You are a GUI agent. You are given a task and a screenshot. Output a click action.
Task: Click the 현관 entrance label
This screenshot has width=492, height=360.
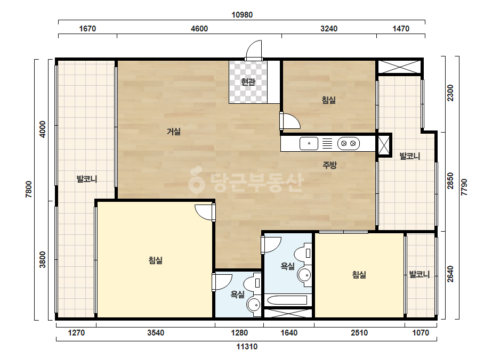pos(248,82)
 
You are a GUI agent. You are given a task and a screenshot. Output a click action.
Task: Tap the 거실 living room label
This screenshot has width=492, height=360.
pos(174,132)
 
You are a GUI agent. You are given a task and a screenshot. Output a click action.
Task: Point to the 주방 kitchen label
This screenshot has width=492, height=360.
pos(330,165)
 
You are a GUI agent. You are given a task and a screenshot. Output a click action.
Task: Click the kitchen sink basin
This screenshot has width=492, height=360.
pos(309,144)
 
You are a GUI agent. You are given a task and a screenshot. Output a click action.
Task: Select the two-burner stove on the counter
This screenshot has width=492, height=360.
pos(348,144)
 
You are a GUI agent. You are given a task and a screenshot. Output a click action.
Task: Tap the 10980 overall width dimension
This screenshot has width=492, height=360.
pos(242,15)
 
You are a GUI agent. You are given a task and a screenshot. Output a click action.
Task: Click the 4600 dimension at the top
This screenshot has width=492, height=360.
pos(199,29)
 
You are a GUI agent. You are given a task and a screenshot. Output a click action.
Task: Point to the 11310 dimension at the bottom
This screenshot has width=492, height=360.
pos(247,347)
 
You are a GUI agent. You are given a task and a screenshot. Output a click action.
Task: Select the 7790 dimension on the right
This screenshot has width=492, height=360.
pos(464,187)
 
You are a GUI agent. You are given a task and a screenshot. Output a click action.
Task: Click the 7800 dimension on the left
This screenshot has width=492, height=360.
pos(29,189)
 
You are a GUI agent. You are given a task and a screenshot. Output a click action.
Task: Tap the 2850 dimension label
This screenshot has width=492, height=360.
pos(450,181)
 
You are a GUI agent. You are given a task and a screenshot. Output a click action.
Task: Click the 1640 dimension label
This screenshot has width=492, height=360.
pos(289,332)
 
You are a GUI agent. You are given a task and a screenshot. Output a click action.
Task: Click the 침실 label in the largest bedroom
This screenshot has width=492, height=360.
pos(155,260)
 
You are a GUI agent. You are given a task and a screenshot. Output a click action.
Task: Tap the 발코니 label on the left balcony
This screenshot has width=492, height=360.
pos(87,179)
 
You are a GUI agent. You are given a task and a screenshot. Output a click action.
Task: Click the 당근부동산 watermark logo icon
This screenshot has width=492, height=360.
pos(196,180)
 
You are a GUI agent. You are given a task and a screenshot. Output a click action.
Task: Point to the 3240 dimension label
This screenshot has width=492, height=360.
pos(329,29)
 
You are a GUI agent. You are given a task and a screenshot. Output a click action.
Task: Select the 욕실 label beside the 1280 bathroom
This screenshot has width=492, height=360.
pos(238,294)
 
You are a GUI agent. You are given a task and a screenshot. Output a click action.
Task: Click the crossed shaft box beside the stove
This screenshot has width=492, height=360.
pos(383,145)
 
